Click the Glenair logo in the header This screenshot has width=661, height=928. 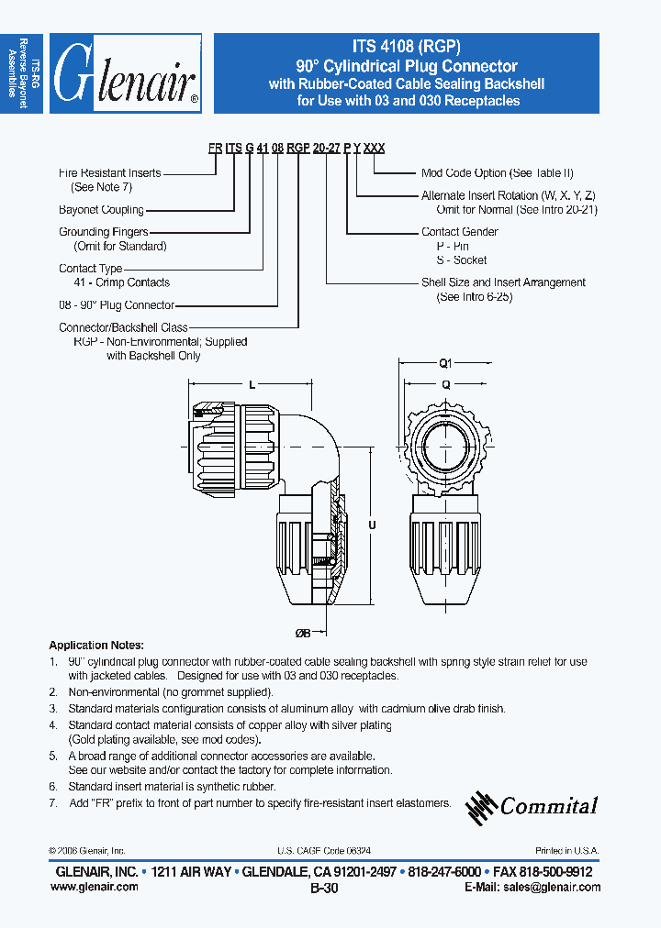tap(125, 73)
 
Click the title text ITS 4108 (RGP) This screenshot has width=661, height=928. tap(406, 48)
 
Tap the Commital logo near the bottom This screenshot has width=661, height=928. tap(532, 805)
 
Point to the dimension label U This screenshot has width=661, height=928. tap(371, 525)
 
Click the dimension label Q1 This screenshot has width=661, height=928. tap(446, 362)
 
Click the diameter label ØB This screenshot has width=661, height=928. tap(302, 633)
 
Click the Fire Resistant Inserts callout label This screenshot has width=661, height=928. tap(109, 172)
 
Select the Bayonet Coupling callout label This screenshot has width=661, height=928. tap(101, 210)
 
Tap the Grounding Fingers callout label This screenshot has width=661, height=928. tap(103, 232)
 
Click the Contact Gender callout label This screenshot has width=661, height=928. tap(459, 232)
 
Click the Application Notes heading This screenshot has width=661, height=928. tap(95, 645)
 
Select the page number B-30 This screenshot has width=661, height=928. tap(324, 889)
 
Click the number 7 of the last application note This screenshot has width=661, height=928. tap(53, 802)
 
